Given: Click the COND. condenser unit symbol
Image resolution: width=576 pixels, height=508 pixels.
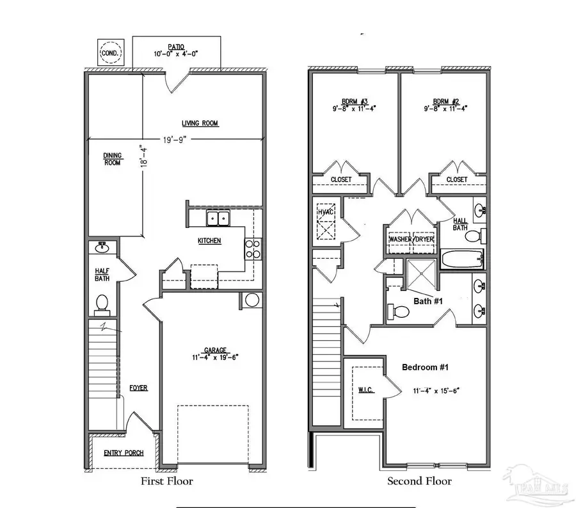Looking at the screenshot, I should tap(109, 53).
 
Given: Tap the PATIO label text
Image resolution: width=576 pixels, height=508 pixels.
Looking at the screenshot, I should tap(177, 47).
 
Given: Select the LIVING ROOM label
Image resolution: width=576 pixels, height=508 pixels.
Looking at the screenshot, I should tap(200, 123).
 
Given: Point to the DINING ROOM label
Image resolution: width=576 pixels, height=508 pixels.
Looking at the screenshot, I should tap(113, 158).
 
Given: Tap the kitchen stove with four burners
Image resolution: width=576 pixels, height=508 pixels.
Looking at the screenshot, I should tap(253, 248).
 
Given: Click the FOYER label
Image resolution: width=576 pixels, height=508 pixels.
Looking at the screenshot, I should tap(138, 388).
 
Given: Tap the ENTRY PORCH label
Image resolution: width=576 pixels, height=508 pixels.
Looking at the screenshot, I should tap(124, 453).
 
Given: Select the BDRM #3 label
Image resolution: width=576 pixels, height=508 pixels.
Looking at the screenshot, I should tap(349, 102).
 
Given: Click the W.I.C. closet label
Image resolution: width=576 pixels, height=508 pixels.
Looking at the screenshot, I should tap(366, 390).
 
